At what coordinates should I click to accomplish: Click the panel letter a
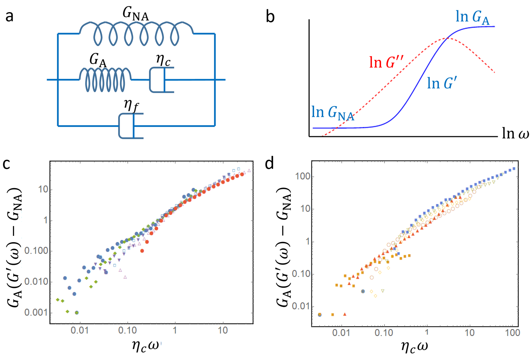10,16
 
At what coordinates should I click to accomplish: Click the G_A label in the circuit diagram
98,60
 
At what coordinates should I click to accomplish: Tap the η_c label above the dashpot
163,60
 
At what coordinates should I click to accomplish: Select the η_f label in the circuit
131,105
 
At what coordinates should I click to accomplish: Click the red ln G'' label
386,62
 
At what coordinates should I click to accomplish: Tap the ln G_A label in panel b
472,17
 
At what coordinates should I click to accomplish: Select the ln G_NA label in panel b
333,113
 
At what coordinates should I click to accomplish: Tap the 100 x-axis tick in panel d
512,333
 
